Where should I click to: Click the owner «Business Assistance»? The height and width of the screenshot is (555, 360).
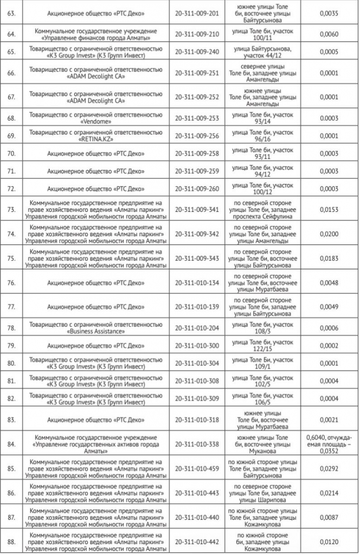pyautogui.click(x=95, y=331)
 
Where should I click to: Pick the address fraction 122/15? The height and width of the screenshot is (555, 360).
pyautogui.click(x=262, y=349)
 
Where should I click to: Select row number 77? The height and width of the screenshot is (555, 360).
pyautogui.click(x=11, y=307)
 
